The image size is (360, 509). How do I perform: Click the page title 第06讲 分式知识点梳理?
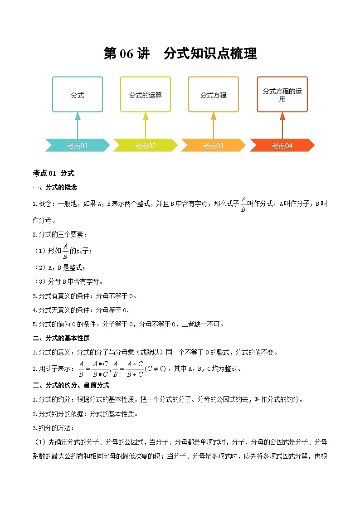[x=180, y=53]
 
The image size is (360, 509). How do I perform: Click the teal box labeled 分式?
[x=78, y=95]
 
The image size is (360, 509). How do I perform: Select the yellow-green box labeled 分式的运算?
[x=146, y=95]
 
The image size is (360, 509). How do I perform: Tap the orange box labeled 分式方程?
[x=214, y=95]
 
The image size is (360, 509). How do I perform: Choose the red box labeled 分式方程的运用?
[x=282, y=95]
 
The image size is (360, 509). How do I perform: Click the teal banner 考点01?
[x=78, y=145]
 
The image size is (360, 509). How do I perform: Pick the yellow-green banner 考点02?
[x=146, y=145]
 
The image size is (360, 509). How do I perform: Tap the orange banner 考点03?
[x=214, y=145]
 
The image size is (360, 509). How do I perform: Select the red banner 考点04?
[x=282, y=145]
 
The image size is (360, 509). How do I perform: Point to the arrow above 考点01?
[x=78, y=125]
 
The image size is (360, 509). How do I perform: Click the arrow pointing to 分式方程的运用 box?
[x=282, y=125]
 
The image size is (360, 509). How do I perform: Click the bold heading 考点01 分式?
[x=54, y=173]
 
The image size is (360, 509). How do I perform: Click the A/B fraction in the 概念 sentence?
[x=243, y=204]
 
